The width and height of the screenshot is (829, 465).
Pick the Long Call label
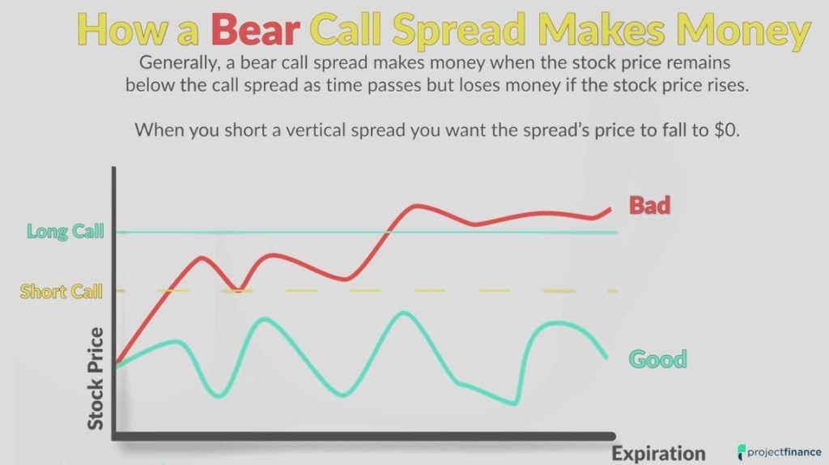[x=66, y=232]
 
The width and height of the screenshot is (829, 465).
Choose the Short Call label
[x=62, y=291]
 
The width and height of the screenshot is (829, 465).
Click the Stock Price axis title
[x=96, y=378]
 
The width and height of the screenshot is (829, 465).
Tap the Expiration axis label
[x=658, y=453]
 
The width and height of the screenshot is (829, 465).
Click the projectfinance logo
[x=778, y=452]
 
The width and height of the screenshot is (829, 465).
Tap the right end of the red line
[x=610, y=209]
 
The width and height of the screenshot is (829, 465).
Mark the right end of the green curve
[x=606, y=357]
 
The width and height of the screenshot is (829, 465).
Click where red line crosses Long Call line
[x=386, y=232]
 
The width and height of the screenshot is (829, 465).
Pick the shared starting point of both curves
[x=117, y=365]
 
